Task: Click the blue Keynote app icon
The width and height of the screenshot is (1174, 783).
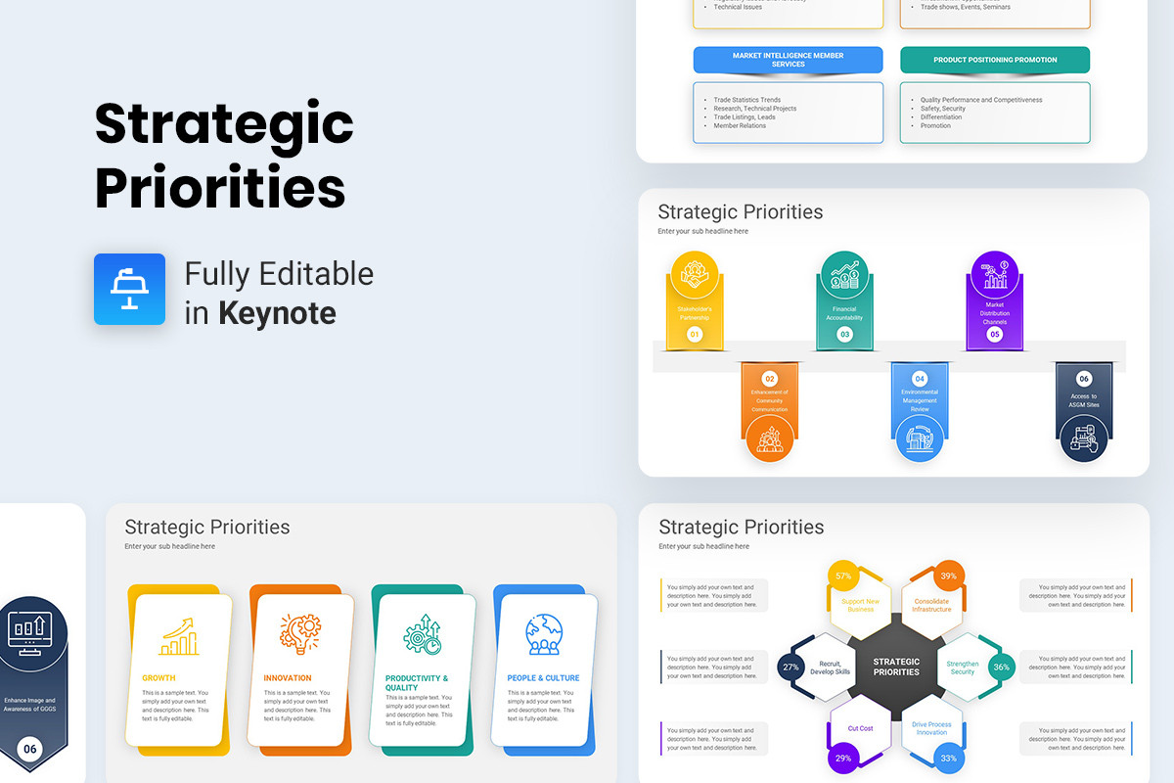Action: tap(129, 289)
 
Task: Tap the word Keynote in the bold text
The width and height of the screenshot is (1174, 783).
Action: tap(277, 313)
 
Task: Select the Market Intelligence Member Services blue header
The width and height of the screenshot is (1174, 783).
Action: tap(788, 60)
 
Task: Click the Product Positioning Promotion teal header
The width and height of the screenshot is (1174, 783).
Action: tap(994, 60)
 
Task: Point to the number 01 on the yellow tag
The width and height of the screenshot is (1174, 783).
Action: tap(695, 335)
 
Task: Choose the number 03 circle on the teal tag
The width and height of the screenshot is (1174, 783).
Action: tap(844, 335)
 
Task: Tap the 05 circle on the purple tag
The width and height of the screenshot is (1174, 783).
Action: tap(994, 335)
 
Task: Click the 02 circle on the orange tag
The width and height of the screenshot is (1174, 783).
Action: tap(770, 378)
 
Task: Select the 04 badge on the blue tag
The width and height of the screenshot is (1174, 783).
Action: tap(920, 378)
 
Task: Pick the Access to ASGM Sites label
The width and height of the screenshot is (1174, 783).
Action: tap(1084, 400)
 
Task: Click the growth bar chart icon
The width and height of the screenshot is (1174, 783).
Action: tap(179, 636)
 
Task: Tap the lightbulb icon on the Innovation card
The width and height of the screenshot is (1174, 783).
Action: tap(300, 634)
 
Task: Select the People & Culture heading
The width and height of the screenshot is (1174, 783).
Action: tap(543, 678)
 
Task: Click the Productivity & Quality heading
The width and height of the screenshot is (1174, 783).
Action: tap(417, 683)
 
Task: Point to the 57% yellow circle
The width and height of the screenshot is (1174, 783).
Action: tap(842, 576)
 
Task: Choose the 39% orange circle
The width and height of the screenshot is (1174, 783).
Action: tap(947, 576)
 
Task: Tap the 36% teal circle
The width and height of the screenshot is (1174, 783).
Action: tap(1001, 668)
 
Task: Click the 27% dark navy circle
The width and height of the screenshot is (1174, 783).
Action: tap(790, 668)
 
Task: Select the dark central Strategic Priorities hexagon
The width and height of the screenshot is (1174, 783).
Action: tap(896, 667)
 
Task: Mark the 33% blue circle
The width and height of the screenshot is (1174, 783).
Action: tap(948, 759)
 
